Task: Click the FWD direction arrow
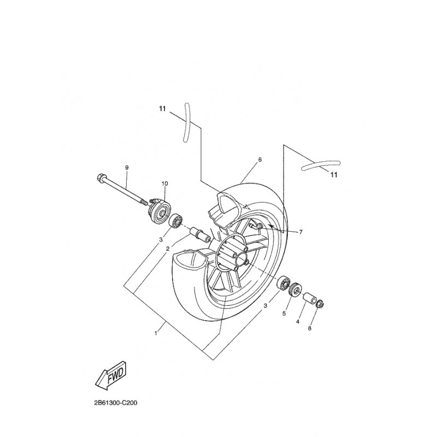click(x=111, y=376)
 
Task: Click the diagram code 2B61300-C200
click(x=116, y=403)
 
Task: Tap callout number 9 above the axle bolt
click(x=127, y=168)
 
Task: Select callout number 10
click(x=164, y=184)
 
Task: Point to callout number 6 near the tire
click(x=260, y=160)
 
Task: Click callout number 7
click(x=301, y=232)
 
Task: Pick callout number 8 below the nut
click(x=309, y=328)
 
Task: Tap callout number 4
click(x=298, y=322)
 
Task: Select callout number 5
click(x=284, y=314)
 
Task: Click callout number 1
click(x=156, y=333)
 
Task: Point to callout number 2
click(x=168, y=249)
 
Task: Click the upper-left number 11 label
click(x=162, y=109)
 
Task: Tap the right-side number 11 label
click(x=334, y=175)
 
